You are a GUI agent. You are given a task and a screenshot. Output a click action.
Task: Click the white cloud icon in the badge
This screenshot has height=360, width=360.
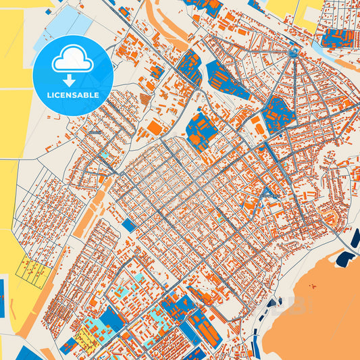pyautogui.click(x=72, y=59)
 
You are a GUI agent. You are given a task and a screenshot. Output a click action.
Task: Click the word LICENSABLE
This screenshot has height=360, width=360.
pyautogui.click(x=72, y=95)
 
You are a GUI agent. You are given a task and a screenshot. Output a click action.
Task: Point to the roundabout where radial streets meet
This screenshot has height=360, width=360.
pyautogui.click(x=293, y=52)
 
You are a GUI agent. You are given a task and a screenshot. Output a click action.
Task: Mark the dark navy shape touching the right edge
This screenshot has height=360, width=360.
pyautogui.click(x=355, y=238)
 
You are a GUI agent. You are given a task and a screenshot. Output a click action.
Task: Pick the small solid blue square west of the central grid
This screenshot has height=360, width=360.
pyautogui.click(x=129, y=224)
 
